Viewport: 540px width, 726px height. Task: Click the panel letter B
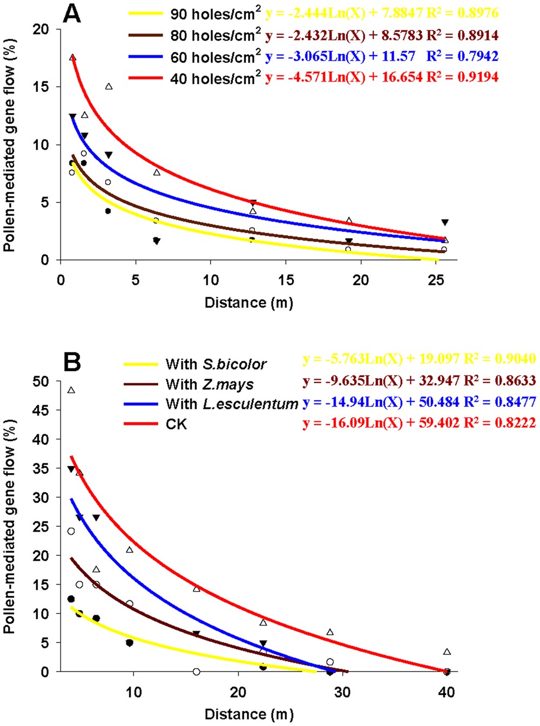[x=72, y=362]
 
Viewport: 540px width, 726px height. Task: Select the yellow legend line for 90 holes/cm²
[x=145, y=14]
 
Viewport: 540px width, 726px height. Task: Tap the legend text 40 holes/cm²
[x=215, y=78]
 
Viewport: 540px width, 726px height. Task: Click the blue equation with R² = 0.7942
[x=382, y=56]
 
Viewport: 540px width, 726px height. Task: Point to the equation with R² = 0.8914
[x=382, y=35]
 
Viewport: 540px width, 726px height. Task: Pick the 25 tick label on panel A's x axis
[x=436, y=280]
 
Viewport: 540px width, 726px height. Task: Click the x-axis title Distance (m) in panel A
[x=249, y=302]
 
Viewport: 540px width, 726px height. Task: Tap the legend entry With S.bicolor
[x=216, y=365]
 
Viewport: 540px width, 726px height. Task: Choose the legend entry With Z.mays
[x=210, y=385]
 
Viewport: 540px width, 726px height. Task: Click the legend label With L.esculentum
[x=232, y=404]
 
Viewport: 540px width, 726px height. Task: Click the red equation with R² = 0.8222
[x=419, y=423]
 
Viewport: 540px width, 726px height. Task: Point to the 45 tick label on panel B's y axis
[x=40, y=411]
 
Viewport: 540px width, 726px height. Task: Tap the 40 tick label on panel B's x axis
[x=447, y=692]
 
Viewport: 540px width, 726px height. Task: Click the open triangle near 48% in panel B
[x=71, y=390]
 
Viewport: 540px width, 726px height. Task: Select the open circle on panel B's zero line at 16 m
[x=197, y=671]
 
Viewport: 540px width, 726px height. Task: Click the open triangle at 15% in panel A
[x=109, y=86]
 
